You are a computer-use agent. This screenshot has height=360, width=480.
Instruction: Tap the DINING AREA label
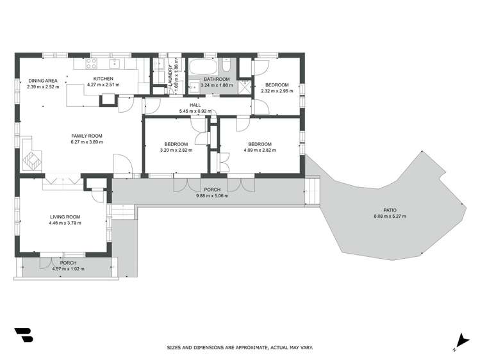(x=43, y=80)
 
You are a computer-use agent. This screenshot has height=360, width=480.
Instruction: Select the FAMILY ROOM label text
(x=87, y=135)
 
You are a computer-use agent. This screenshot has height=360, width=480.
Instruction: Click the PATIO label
(x=390, y=209)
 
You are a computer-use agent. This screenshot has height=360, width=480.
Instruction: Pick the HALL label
(x=195, y=106)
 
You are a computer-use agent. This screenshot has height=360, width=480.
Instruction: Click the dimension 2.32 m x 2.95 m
(x=277, y=91)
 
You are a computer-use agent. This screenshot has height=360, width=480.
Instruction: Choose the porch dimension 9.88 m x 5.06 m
(x=212, y=195)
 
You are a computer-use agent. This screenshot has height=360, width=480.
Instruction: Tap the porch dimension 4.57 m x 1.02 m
(x=68, y=268)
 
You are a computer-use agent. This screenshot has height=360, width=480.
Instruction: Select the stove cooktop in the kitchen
(x=90, y=64)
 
